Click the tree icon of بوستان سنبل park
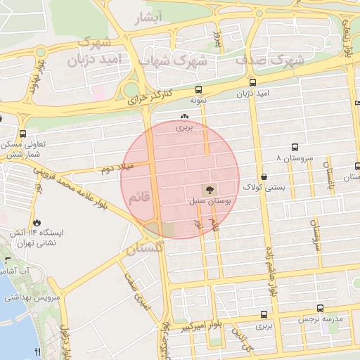click(x=208, y=190)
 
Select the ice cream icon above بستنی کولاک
click(x=264, y=176)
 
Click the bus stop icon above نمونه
click(x=198, y=90)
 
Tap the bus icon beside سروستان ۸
click(x=294, y=148)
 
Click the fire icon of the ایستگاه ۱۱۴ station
click(x=36, y=221)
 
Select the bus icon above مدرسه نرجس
click(x=321, y=308)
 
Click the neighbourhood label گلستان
click(x=145, y=247)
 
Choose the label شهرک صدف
click(x=270, y=61)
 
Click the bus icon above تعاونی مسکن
click(x=23, y=134)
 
